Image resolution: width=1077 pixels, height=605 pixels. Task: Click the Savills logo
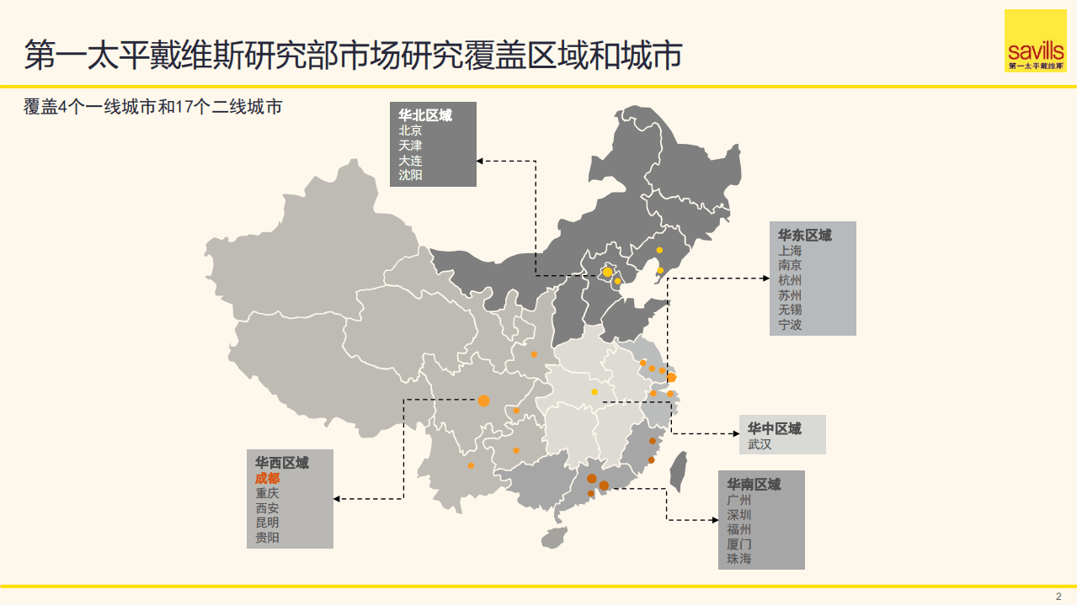pos(1035,41)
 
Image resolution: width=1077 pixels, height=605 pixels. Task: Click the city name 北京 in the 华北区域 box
pos(411,130)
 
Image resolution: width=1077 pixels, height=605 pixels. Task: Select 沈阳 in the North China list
pos(411,175)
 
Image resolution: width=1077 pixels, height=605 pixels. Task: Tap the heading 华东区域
pos(804,235)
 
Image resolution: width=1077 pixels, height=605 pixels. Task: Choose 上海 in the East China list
pos(790,251)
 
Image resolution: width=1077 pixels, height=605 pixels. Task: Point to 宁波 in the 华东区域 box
pos(790,324)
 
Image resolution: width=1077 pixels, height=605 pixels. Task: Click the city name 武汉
pos(760,443)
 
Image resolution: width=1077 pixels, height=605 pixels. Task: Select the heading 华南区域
pos(754,485)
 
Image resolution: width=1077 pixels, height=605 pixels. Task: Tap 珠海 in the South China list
pos(739,559)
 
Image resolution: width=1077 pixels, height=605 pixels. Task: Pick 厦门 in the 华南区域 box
pos(739,544)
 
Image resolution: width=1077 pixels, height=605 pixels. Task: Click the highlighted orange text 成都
pos(268,478)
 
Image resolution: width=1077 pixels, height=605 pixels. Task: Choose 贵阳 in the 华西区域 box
pos(268,537)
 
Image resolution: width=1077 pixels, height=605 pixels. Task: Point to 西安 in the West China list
pos(268,507)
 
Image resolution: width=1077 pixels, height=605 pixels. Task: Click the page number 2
pos(1058,596)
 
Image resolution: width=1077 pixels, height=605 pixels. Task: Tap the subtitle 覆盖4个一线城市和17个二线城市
pos(152,108)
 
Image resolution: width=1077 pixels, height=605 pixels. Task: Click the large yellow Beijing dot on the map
pos(607,272)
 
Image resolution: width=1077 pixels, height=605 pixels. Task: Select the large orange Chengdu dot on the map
pos(483,401)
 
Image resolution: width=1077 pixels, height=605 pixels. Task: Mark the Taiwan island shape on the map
pos(678,471)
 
